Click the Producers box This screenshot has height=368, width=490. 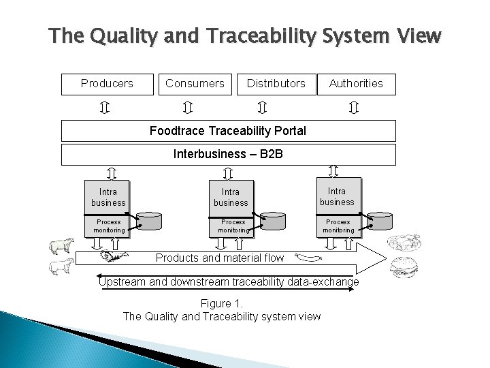(x=107, y=84)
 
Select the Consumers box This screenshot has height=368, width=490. (x=195, y=84)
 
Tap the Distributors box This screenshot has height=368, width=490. (x=276, y=84)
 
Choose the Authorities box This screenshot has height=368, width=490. (x=356, y=84)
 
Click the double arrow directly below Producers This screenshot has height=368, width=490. (x=106, y=108)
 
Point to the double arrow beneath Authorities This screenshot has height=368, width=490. (x=353, y=108)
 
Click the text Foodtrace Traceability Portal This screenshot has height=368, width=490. (x=228, y=130)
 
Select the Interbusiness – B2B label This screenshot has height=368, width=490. (x=228, y=155)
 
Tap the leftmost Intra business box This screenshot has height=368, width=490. (x=108, y=197)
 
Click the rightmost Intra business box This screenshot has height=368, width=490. (x=337, y=196)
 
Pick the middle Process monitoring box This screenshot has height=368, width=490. (x=233, y=226)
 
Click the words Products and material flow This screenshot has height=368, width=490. (x=220, y=258)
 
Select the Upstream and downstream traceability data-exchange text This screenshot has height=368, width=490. (x=228, y=281)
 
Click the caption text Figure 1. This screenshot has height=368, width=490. (x=221, y=304)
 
